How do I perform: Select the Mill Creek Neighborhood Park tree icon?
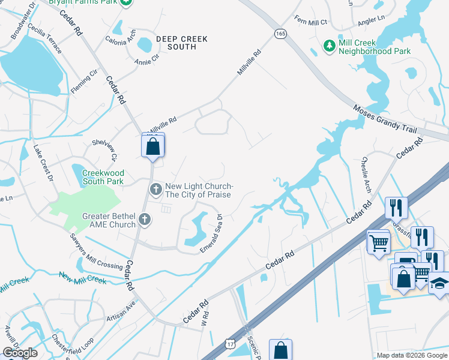(329, 46)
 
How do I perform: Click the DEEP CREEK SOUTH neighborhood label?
(181, 43)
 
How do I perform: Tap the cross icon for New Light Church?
(155, 190)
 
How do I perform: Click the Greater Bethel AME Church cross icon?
(144, 220)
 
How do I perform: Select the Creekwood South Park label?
(102, 177)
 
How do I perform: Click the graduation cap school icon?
(439, 282)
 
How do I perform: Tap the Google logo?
(20, 353)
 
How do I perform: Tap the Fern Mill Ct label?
(310, 22)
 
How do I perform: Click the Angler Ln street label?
(370, 20)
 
